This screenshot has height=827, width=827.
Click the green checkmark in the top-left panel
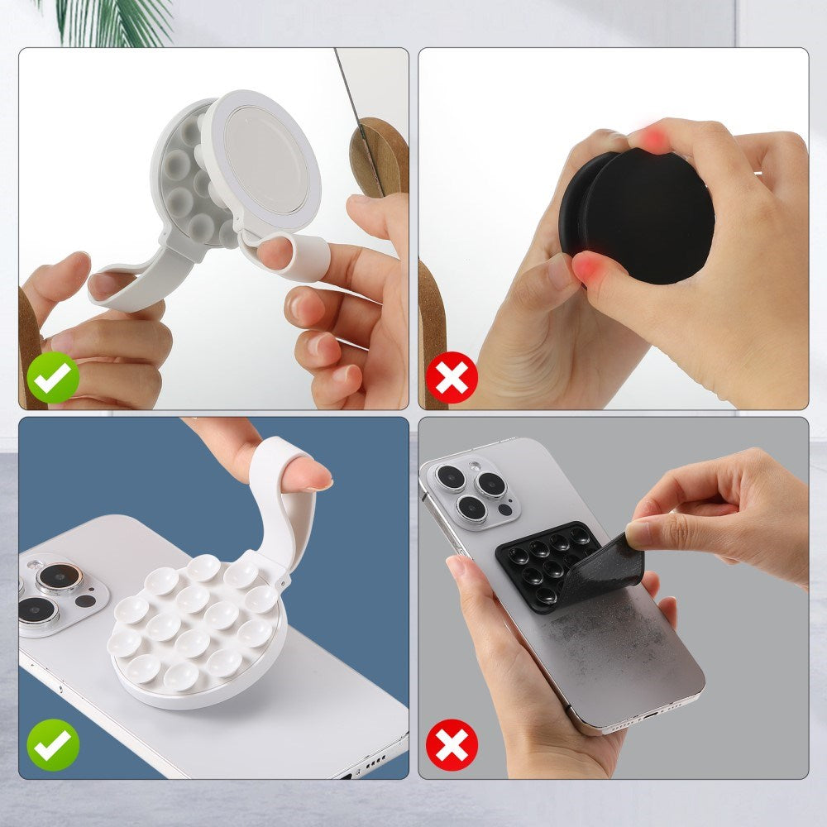pyautogui.click(x=53, y=377)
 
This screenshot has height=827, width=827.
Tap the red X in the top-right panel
pyautogui.click(x=452, y=377)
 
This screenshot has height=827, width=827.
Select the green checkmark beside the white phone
pyautogui.click(x=53, y=745)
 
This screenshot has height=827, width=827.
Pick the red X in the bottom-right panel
pyautogui.click(x=452, y=745)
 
